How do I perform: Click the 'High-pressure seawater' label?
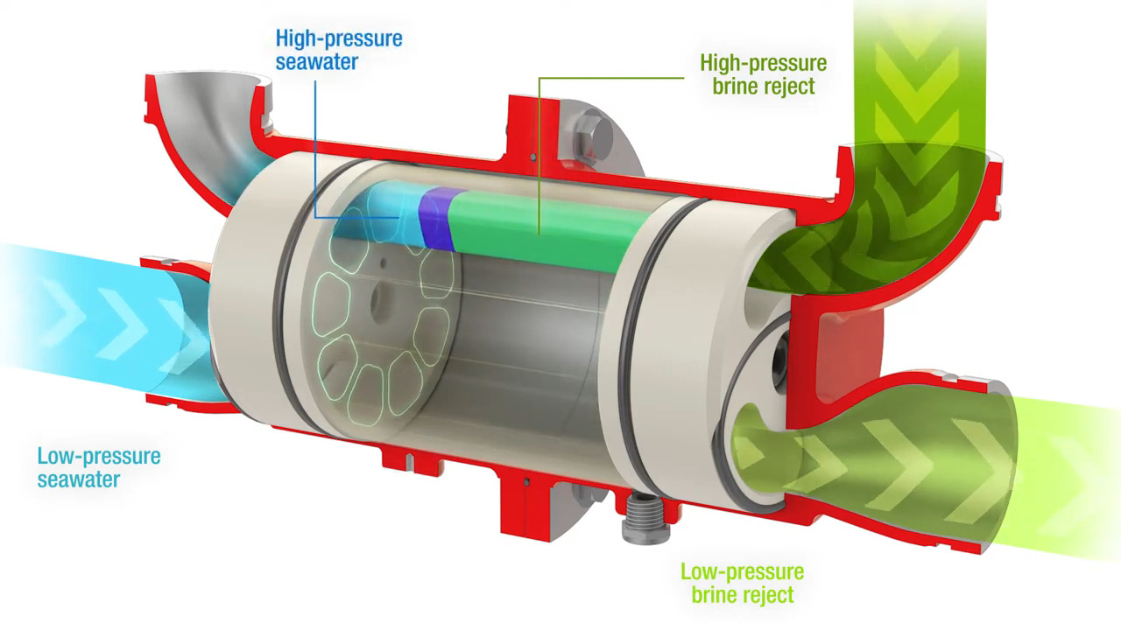tap(338, 50)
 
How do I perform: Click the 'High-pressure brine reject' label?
tap(763, 74)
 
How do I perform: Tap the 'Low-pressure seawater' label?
tap(98, 467)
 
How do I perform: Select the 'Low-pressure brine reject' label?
tap(742, 583)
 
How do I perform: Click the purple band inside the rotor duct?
tap(434, 220)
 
